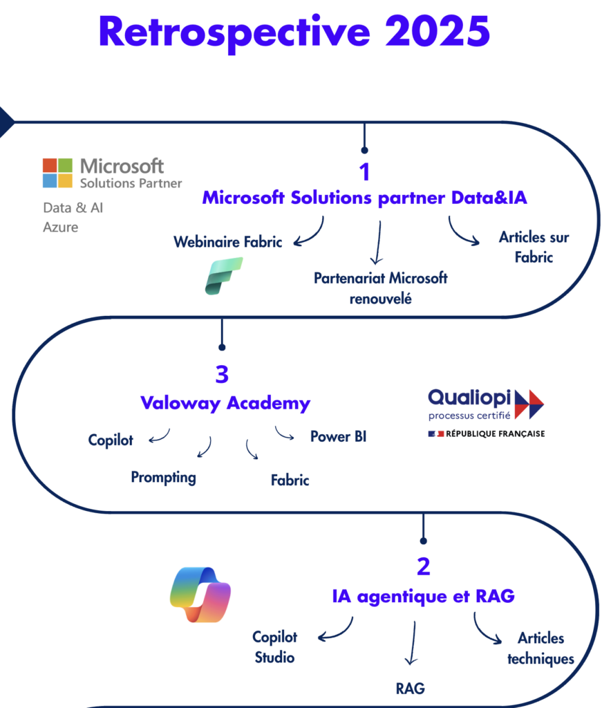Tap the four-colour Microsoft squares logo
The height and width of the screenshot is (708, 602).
pyautogui.click(x=57, y=173)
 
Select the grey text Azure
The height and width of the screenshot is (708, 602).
pyautogui.click(x=61, y=227)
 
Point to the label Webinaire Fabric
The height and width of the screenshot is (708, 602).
pyautogui.click(x=227, y=242)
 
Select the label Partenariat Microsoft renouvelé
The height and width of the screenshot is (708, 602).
pyautogui.click(x=380, y=288)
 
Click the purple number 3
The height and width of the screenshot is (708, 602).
pyautogui.click(x=222, y=375)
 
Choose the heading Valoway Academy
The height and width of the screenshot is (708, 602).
pyautogui.click(x=225, y=403)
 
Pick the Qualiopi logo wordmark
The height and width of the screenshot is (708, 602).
pyautogui.click(x=470, y=398)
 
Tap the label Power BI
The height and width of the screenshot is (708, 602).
pyautogui.click(x=338, y=437)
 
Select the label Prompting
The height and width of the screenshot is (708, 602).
pyautogui.click(x=164, y=477)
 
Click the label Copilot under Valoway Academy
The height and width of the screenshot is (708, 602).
pyautogui.click(x=111, y=440)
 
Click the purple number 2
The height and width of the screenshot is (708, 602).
pyautogui.click(x=423, y=567)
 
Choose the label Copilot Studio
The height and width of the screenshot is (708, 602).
pyautogui.click(x=274, y=647)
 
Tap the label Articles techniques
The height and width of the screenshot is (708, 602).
pyautogui.click(x=540, y=649)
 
